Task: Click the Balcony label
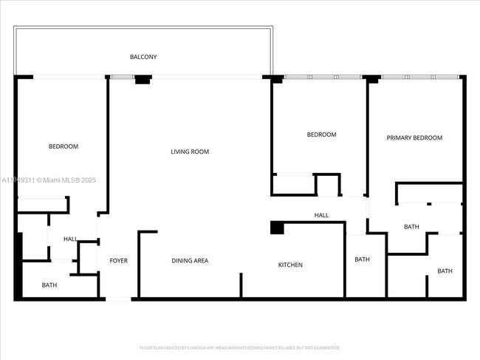point(143,57)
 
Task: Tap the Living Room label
point(190,152)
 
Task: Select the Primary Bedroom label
point(415,137)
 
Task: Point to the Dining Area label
point(190,260)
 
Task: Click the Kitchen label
point(290,265)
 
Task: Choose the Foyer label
point(119,260)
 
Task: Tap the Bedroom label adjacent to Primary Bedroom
point(321,135)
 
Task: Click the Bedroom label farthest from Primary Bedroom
point(64,146)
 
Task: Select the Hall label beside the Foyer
point(70,239)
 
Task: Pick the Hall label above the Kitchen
point(321,215)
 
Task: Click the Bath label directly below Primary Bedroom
point(411,227)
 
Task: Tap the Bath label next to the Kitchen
point(362,259)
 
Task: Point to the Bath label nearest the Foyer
point(49,285)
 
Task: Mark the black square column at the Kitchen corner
point(277,228)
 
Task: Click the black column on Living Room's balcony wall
point(143,79)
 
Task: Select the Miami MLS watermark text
point(49,180)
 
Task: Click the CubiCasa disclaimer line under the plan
point(239,347)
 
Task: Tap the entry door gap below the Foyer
point(118,299)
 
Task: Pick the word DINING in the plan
point(182,260)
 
